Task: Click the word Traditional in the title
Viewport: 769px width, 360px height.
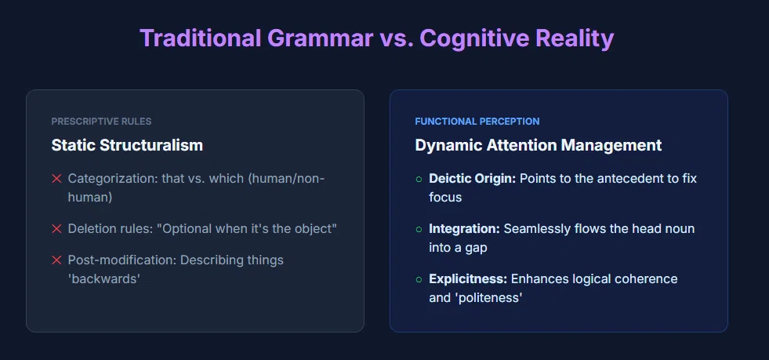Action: click(x=200, y=38)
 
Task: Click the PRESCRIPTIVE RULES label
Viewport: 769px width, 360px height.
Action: click(x=102, y=121)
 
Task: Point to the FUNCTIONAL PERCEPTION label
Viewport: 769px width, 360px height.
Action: click(x=477, y=121)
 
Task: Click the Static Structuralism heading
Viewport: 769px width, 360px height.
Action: click(x=127, y=145)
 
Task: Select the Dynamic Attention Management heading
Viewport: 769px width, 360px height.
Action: click(x=538, y=145)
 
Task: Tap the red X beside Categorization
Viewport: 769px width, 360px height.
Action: click(x=56, y=179)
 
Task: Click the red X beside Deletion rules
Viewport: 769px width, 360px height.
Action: click(x=56, y=228)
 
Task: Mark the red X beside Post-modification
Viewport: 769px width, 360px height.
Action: click(x=56, y=260)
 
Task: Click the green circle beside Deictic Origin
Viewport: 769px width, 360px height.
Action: click(x=419, y=179)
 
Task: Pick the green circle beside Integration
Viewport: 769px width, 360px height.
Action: click(x=419, y=229)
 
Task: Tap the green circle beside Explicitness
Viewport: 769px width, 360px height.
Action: click(x=419, y=279)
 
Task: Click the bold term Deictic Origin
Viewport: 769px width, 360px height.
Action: click(x=472, y=179)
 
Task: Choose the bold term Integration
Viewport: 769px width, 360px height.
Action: click(x=464, y=229)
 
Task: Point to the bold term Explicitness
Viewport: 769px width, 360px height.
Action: click(x=468, y=279)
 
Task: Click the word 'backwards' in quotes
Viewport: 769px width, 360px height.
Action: click(x=104, y=278)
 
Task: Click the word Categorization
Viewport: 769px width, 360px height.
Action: click(x=113, y=179)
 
